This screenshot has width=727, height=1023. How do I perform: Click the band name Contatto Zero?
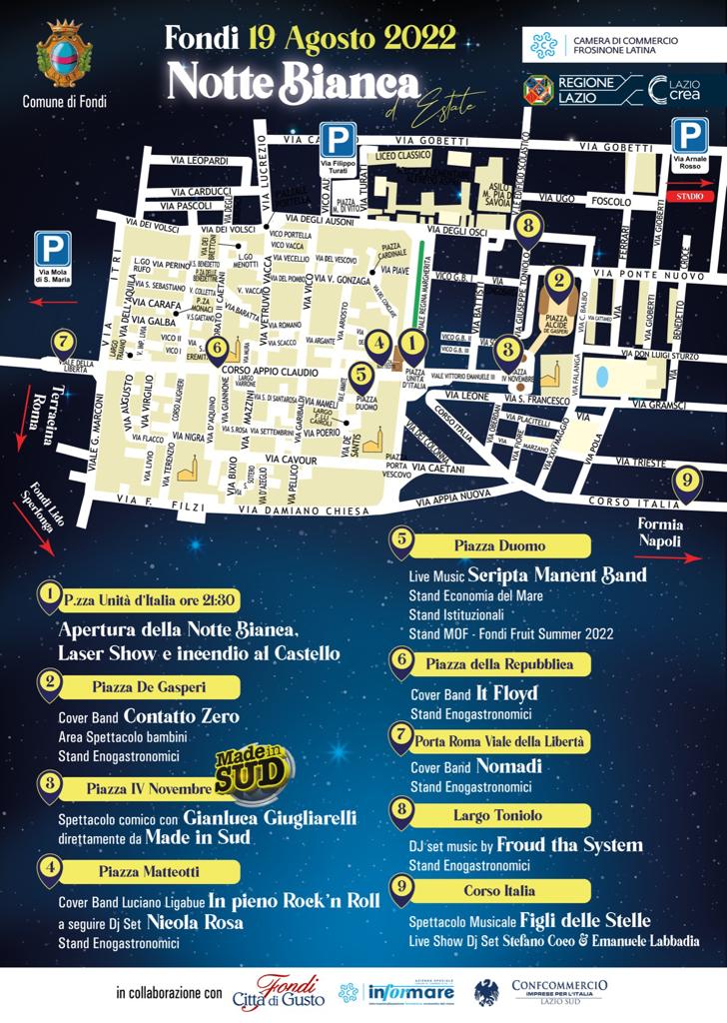click(182, 716)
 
